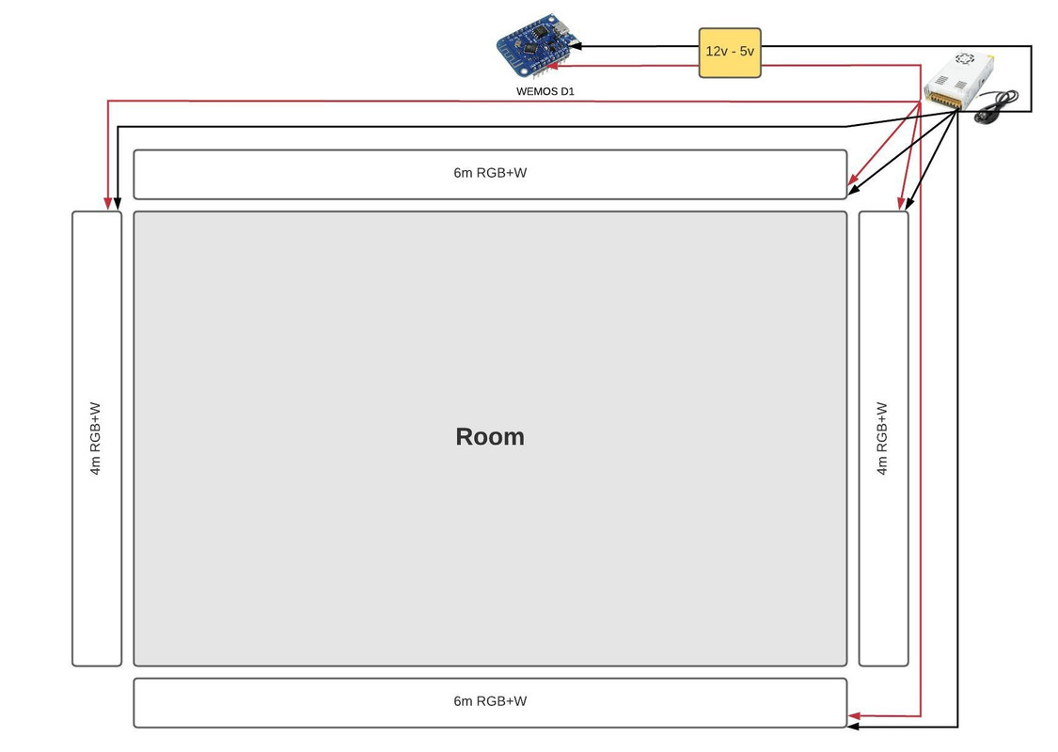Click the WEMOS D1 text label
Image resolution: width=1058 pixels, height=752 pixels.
545,92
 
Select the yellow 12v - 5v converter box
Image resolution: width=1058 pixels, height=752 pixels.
730,52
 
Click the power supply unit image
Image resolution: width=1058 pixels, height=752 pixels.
959,79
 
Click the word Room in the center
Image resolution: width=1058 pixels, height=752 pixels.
489,436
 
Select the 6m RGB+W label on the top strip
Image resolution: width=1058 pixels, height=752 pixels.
489,173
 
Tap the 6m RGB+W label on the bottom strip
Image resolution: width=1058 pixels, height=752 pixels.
489,701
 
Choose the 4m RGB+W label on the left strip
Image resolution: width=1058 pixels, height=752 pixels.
95,439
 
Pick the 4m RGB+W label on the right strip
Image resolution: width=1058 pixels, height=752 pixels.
882,439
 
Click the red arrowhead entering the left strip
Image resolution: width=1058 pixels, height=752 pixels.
108,202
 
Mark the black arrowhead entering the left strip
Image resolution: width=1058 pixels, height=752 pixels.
118,202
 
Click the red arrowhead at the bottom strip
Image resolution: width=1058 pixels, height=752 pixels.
854,716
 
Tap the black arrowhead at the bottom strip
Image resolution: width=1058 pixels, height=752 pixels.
854,726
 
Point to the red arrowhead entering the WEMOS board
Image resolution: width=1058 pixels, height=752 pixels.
554,66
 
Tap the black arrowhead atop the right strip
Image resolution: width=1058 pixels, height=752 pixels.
909,203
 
